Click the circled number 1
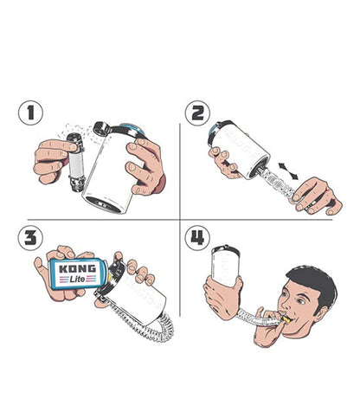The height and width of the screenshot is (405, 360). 32,112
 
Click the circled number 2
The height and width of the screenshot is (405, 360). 196,112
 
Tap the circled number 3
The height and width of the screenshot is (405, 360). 32,238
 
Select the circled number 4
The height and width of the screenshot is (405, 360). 196,238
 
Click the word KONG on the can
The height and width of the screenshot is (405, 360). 76,269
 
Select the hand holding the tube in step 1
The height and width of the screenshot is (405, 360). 54,160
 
